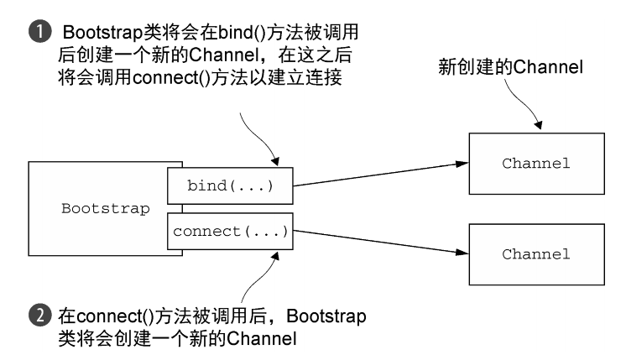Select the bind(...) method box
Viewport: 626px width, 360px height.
[231, 185]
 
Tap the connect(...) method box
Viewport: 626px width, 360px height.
[231, 231]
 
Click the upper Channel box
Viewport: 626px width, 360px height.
[536, 163]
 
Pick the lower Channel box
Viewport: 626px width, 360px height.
[536, 253]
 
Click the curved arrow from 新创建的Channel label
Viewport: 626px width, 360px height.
[512, 105]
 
